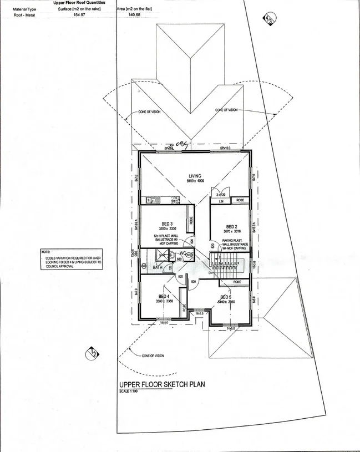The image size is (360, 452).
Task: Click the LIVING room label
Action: coord(195,176)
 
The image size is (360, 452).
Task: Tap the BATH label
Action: coord(158,267)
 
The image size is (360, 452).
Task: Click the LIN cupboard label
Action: coord(220,200)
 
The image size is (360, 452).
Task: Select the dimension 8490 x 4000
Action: coord(195,182)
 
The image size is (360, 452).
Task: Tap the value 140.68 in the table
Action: coord(134,15)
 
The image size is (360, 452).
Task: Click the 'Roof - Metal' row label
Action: coord(23,15)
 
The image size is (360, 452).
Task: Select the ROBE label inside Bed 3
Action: coord(190,220)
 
